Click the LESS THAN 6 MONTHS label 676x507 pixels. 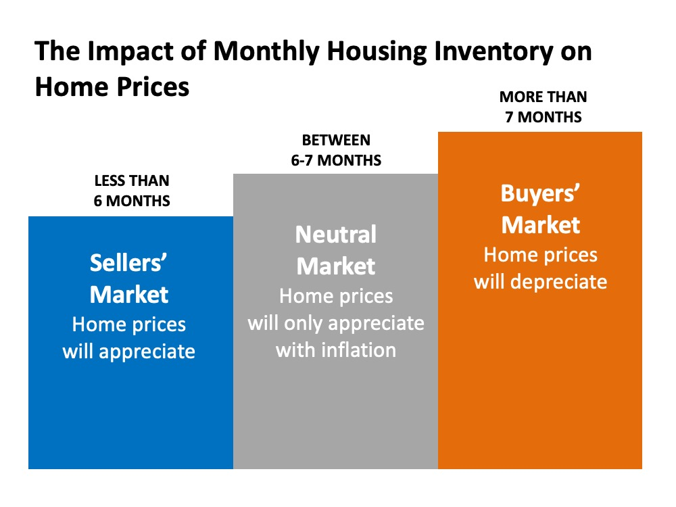point(132,191)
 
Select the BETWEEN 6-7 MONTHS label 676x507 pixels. point(337,151)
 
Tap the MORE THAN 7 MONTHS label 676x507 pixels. point(543,107)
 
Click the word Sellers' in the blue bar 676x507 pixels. point(128,264)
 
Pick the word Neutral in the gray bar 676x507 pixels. point(336,235)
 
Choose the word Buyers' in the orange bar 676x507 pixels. point(540,193)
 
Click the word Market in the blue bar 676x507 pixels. point(129,295)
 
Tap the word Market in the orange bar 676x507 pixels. point(541,224)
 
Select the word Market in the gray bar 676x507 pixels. point(336,266)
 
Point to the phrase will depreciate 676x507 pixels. point(540,281)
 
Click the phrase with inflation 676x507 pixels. point(336,349)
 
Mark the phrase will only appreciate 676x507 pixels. point(336,322)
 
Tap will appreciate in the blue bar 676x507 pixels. point(129,352)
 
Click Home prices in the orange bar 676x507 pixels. point(540,254)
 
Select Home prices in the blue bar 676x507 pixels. point(129,324)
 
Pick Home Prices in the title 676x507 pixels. point(112,87)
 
